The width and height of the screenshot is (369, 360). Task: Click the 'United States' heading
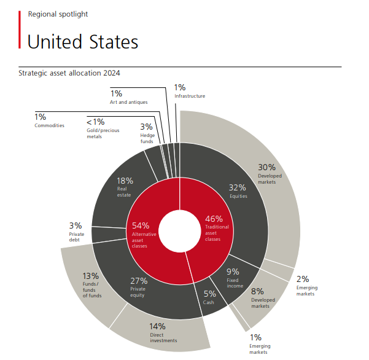82,42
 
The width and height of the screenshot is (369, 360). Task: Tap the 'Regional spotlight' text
57,14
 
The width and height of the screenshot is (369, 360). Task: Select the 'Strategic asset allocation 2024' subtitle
69,72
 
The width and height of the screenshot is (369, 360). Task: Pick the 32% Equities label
238,190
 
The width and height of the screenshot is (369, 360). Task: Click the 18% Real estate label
125,186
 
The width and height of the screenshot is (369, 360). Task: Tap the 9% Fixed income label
233,278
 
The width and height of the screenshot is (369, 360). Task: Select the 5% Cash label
210,297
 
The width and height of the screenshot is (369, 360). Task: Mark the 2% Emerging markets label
305,284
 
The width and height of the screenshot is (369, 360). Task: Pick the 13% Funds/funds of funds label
92,284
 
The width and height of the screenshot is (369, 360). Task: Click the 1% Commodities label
49,120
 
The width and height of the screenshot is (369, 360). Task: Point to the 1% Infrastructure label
188,92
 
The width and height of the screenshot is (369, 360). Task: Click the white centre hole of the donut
179,230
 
